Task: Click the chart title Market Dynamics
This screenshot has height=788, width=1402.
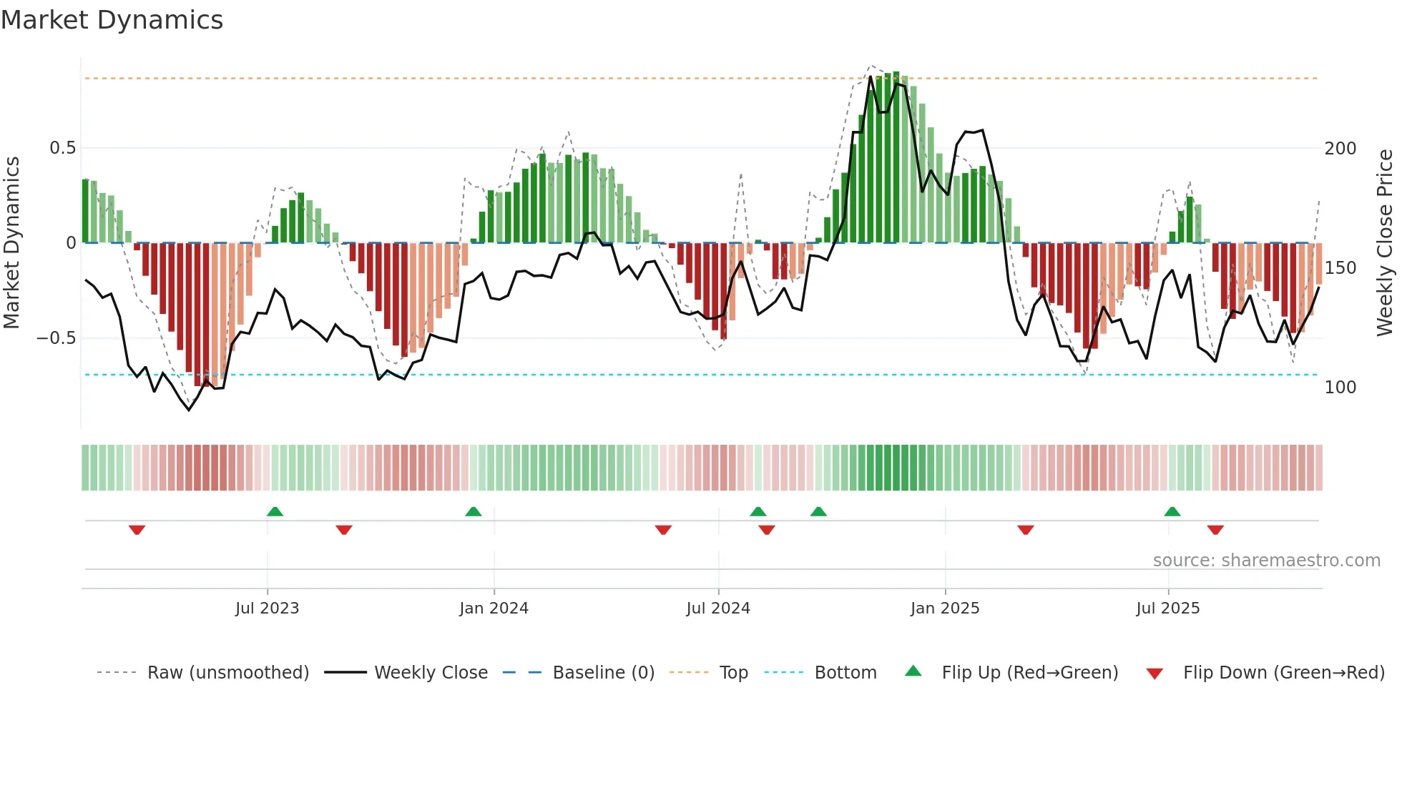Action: coord(112,20)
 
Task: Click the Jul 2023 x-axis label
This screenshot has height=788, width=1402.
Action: coord(267,609)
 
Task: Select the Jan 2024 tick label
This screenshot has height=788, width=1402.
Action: coord(494,609)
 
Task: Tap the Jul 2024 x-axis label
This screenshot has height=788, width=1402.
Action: coord(718,609)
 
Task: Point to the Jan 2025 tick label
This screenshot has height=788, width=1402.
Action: coord(945,609)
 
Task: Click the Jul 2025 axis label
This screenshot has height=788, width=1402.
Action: coord(1168,609)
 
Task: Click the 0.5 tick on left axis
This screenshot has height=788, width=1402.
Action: coord(62,148)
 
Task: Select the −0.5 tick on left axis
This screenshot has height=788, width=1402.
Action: coord(57,338)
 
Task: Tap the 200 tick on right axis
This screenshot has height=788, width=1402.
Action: coord(1340,149)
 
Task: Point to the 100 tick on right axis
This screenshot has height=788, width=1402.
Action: coord(1340,388)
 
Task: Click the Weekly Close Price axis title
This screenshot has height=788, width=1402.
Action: coord(1385,243)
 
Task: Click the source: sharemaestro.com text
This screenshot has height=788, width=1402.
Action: coord(1266,561)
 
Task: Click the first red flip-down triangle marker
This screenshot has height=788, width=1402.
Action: coord(137,530)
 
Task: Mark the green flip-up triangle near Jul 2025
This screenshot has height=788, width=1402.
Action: coord(1172,511)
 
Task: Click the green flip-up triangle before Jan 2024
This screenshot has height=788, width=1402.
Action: coord(473,511)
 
